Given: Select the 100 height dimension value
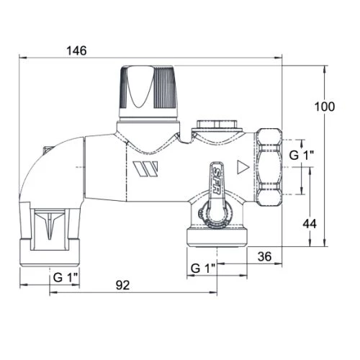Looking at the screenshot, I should [x=325, y=107].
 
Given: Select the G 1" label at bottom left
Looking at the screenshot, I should [x=66, y=277].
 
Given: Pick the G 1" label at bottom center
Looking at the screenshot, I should [x=204, y=268].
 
